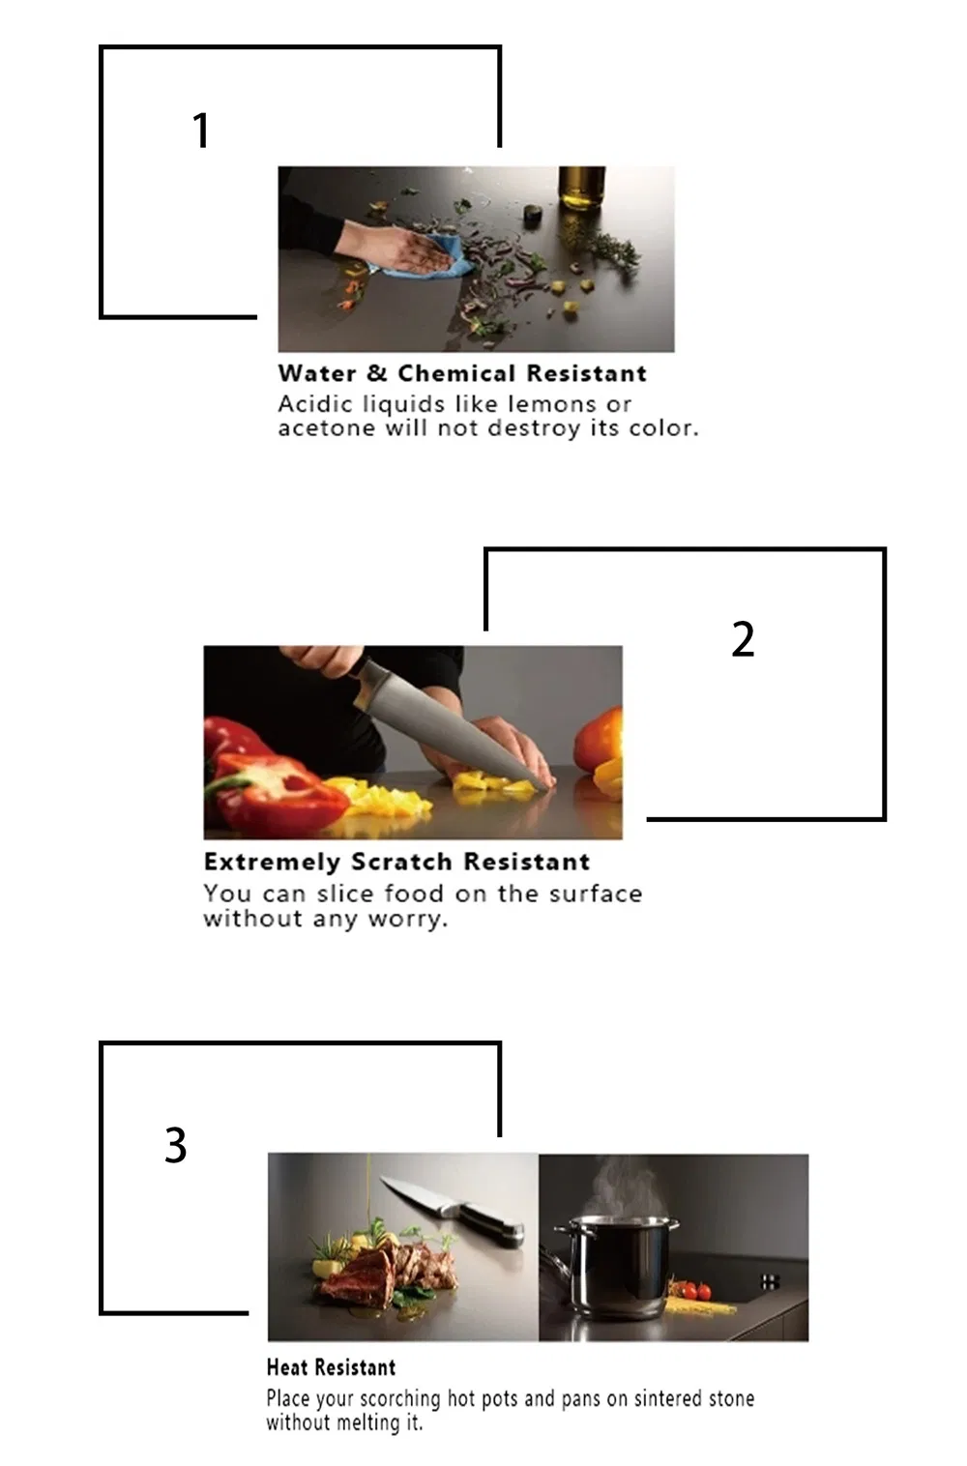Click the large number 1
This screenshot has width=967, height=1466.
pos(201,130)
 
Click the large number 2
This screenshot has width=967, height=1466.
pos(743,638)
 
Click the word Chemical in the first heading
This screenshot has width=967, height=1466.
pos(456,373)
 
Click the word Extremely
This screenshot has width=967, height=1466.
pos(272,863)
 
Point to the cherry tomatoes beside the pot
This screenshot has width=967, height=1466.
pos(693,1290)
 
